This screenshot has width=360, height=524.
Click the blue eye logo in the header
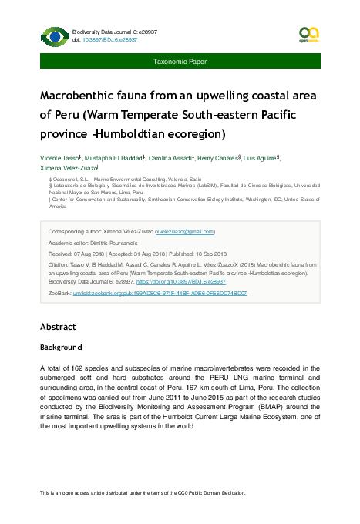[x=55, y=35]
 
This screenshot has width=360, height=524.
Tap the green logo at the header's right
[x=308, y=35]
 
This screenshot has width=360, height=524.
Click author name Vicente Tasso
[x=60, y=157]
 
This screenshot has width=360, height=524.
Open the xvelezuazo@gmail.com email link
[x=185, y=232]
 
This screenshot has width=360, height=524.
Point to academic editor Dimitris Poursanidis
[x=123, y=243]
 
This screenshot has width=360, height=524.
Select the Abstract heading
[x=58, y=327]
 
